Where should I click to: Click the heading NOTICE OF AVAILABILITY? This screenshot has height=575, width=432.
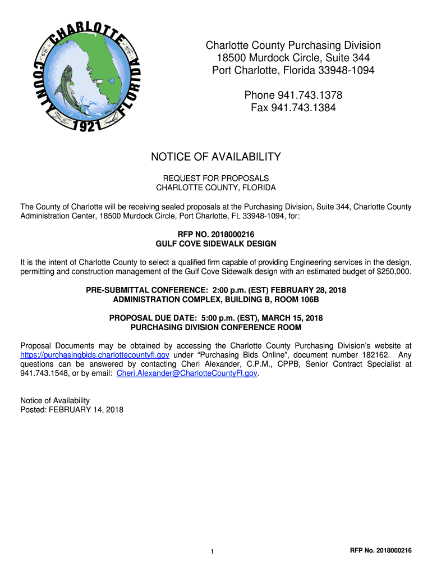tap(216, 157)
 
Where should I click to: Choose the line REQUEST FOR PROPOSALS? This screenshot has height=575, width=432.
tap(216, 178)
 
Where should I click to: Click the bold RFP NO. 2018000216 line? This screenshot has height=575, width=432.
tap(216, 235)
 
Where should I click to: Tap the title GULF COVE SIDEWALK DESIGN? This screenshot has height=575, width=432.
tap(216, 244)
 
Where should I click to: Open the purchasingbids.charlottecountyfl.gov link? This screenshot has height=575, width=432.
tap(95, 355)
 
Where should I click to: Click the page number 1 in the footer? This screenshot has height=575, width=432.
tap(212, 552)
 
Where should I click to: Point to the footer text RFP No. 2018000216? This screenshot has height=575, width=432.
tap(380, 551)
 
